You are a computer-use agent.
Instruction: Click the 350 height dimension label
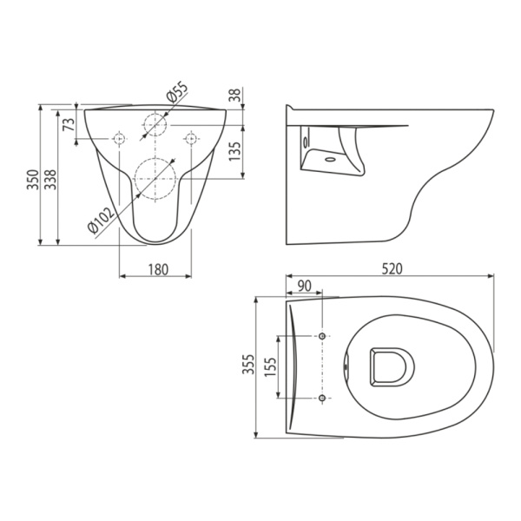(31, 180)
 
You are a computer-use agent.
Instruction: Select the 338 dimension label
(49, 180)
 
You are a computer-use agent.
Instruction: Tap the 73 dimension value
(69, 124)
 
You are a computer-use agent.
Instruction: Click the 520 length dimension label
(390, 270)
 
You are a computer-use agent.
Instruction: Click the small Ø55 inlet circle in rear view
(155, 123)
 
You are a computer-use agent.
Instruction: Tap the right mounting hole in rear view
(190, 137)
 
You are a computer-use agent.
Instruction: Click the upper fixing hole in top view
(323, 336)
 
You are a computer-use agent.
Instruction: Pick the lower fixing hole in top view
(323, 398)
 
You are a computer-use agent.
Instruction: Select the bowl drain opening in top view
(391, 366)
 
